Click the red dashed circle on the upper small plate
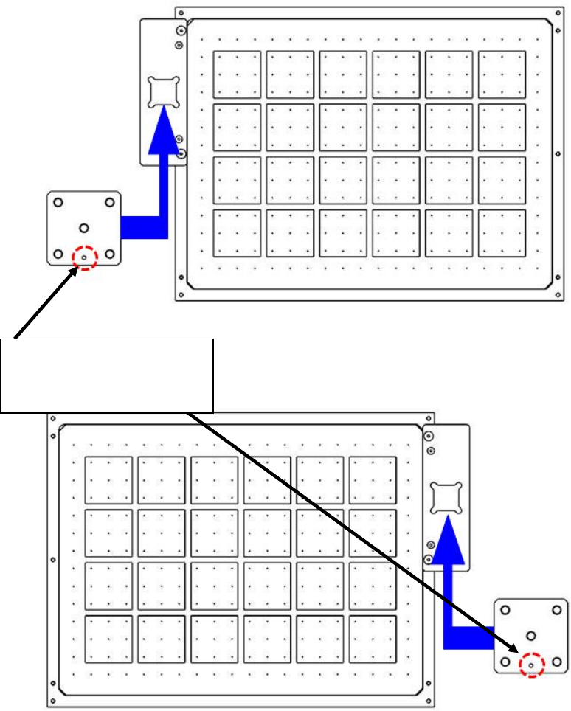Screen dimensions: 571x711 pyautogui.click(x=85, y=257)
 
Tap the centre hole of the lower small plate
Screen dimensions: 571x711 pyautogui.click(x=530, y=635)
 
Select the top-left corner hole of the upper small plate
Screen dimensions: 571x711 pyautogui.click(x=59, y=202)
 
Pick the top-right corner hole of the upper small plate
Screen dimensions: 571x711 pyautogui.click(x=110, y=202)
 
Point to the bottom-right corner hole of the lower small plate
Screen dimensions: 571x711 pyautogui.click(x=556, y=662)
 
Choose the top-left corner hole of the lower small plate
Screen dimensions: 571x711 pyautogui.click(x=505, y=611)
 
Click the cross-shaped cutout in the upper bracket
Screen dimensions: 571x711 pyautogui.click(x=163, y=92)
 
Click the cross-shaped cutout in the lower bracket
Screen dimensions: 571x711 pyautogui.click(x=446, y=497)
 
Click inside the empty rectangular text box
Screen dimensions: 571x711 pyautogui.click(x=107, y=375)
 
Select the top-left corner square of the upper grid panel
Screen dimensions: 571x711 pyautogui.click(x=237, y=74)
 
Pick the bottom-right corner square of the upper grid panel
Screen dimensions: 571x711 pyautogui.click(x=502, y=233)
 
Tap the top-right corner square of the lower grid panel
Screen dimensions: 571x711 pyautogui.click(x=373, y=479)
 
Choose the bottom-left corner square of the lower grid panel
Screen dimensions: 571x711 pyautogui.click(x=108, y=639)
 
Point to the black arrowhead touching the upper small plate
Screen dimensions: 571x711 pyautogui.click(x=75, y=273)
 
